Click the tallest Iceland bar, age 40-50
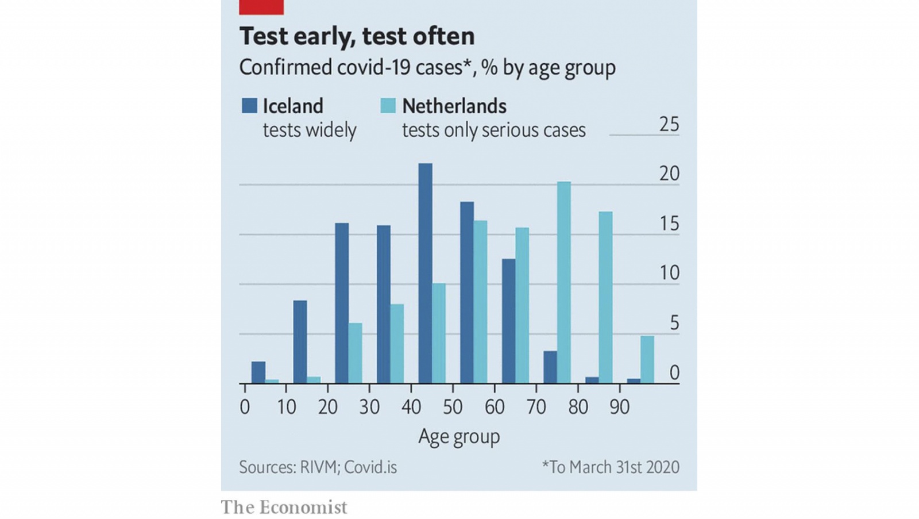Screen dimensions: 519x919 pos(425,273)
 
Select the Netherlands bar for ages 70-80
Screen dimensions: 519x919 pos(564,282)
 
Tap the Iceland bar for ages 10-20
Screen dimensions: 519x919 pos(300,341)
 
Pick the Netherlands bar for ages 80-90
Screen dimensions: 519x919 pos(605,297)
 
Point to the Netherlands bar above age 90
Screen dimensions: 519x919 pos(647,359)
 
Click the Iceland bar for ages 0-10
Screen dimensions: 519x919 pos(258,372)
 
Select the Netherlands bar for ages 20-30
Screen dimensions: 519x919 pos(356,353)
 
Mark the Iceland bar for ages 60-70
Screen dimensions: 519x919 pos(508,321)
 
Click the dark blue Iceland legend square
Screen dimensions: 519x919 pos(249,106)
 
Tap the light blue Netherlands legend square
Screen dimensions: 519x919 pos(388,106)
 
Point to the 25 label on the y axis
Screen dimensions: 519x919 pos(669,124)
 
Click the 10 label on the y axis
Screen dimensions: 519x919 pos(669,273)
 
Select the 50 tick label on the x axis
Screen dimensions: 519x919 pos(453,407)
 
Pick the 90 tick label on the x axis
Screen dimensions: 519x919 pos(619,407)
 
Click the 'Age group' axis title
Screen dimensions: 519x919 pos(459,437)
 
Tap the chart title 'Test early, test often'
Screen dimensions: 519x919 pos(357,36)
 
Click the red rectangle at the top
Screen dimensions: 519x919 pos(261,7)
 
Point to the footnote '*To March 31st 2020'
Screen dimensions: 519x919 pos(611,467)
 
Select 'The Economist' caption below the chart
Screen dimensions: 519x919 pos(284,507)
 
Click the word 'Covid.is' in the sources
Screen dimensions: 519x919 pos(370,467)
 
